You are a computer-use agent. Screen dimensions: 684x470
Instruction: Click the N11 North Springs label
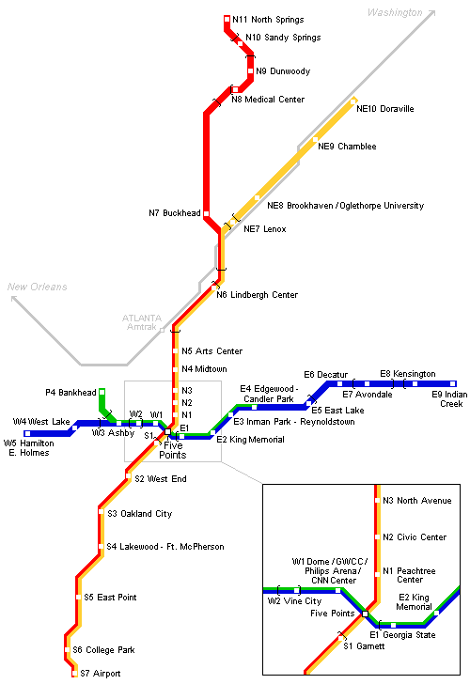point(268,19)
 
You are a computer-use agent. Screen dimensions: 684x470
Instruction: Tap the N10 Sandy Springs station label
point(283,38)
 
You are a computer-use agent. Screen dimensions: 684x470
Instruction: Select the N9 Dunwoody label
point(282,71)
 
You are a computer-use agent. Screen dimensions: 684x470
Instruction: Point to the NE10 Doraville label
point(384,109)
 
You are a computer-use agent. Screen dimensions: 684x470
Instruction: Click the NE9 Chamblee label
point(346,147)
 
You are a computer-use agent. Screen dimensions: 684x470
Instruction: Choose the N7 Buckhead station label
point(174,212)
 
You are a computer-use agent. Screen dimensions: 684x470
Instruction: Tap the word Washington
point(395,12)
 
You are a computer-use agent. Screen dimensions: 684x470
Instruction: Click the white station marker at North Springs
point(227,18)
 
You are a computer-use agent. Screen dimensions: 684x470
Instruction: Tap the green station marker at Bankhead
point(102,392)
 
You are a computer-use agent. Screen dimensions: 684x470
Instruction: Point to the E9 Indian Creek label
point(447,399)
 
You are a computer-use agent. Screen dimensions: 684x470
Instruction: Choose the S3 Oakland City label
point(139,514)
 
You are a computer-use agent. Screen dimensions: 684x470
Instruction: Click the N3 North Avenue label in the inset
point(416,501)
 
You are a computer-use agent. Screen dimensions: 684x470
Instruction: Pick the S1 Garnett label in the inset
point(361,646)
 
